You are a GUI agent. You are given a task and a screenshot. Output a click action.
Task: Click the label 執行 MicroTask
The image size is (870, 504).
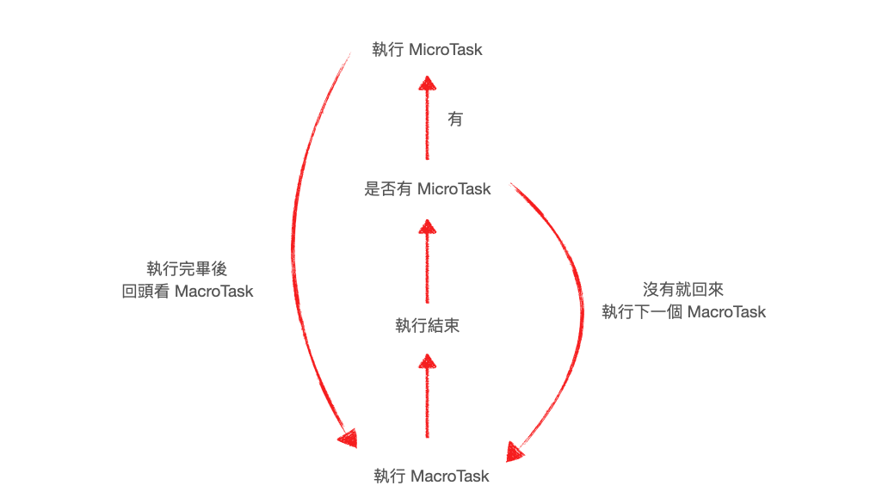pyautogui.click(x=427, y=50)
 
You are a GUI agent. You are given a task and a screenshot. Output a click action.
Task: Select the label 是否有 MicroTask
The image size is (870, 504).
pyautogui.click(x=428, y=189)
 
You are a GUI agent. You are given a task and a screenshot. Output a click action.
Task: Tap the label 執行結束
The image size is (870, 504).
pyautogui.click(x=427, y=326)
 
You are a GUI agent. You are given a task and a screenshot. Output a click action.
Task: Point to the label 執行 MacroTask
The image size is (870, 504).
pyautogui.click(x=431, y=476)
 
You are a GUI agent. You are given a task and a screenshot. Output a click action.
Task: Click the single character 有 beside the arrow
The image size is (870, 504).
pyautogui.click(x=455, y=120)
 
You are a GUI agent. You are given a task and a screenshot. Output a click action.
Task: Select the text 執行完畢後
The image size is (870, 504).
pyautogui.click(x=187, y=269)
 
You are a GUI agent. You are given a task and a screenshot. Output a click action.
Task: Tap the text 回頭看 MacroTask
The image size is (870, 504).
pyautogui.click(x=188, y=292)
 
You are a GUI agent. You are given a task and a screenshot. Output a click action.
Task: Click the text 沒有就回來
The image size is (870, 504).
pyautogui.click(x=683, y=289)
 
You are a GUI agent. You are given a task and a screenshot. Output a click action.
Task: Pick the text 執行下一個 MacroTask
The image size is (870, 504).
pyautogui.click(x=683, y=311)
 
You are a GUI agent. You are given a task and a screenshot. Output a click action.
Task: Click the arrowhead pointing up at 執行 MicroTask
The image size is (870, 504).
pyautogui.click(x=427, y=83)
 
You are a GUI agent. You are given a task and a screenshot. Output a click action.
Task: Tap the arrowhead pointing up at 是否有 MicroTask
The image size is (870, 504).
pyautogui.click(x=427, y=227)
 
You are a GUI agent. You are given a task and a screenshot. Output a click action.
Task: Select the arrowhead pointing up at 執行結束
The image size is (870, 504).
pyautogui.click(x=427, y=360)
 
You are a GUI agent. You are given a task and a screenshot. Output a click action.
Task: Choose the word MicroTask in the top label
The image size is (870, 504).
pyautogui.click(x=446, y=50)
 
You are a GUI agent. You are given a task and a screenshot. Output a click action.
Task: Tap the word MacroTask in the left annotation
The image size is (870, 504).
pyautogui.click(x=214, y=292)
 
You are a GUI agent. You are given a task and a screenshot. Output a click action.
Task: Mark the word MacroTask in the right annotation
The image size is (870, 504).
pyautogui.click(x=727, y=311)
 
